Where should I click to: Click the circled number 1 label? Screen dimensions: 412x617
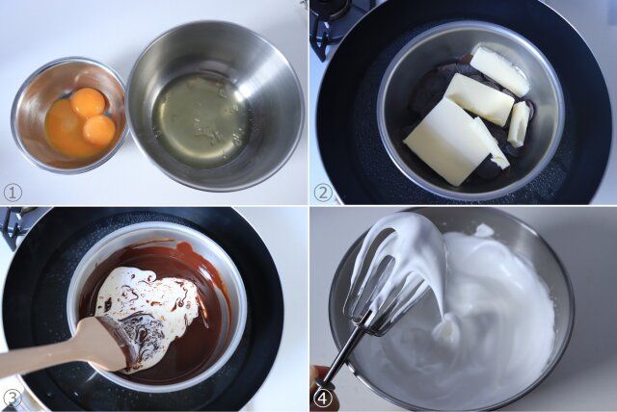13,192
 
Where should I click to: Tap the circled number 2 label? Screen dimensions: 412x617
323,192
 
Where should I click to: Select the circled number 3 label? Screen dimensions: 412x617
12,398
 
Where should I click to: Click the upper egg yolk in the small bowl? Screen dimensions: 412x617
89,102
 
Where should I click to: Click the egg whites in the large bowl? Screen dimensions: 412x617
201,120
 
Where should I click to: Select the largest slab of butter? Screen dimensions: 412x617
445,141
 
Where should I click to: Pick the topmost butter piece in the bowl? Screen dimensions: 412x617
499,71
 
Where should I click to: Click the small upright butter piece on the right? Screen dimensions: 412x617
519,124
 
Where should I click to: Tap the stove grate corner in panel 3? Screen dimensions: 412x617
13,223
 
